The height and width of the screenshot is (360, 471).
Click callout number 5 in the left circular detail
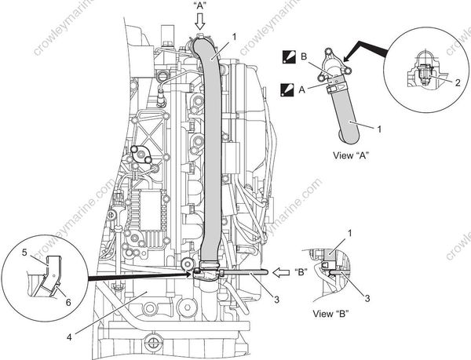(x=25, y=252)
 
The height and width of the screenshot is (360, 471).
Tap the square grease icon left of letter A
(x=288, y=89)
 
